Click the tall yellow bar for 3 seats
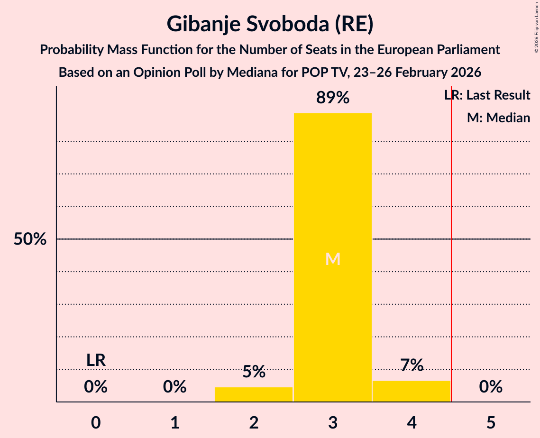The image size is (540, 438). click(332, 190)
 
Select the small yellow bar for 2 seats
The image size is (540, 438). click(254, 394)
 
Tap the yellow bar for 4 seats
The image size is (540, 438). click(412, 391)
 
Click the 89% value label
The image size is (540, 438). click(332, 98)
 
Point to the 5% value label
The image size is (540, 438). click(254, 372)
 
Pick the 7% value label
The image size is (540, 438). click(412, 365)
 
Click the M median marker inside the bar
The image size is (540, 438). click(333, 259)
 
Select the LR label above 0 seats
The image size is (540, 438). click(96, 360)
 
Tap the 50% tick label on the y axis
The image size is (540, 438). click(30, 239)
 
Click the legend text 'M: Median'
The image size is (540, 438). click(498, 118)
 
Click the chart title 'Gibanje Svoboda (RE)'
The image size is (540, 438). click(270, 24)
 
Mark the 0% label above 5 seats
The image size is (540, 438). click(491, 387)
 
